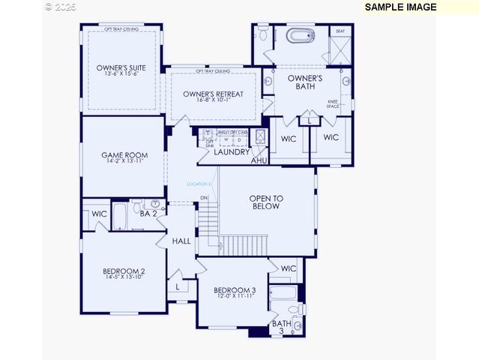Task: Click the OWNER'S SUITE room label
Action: coord(121,68)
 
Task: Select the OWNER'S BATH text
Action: coord(305,82)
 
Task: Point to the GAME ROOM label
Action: coord(124,156)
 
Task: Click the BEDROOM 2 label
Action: coord(124,271)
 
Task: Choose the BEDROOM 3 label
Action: coord(235,290)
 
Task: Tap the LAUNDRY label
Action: coord(232,152)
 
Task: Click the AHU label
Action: coord(259,160)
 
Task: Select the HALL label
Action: coord(181,241)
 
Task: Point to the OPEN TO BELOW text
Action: coord(266,202)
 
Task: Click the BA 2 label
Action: coord(148,214)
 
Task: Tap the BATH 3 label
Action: coord(282,327)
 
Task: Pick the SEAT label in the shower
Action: coord(340,31)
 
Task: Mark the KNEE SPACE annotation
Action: coord(332,104)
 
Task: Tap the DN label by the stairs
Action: coord(204,198)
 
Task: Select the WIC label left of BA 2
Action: coord(99,214)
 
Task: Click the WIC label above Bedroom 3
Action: coord(289,268)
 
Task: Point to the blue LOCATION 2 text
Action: coord(199,184)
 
